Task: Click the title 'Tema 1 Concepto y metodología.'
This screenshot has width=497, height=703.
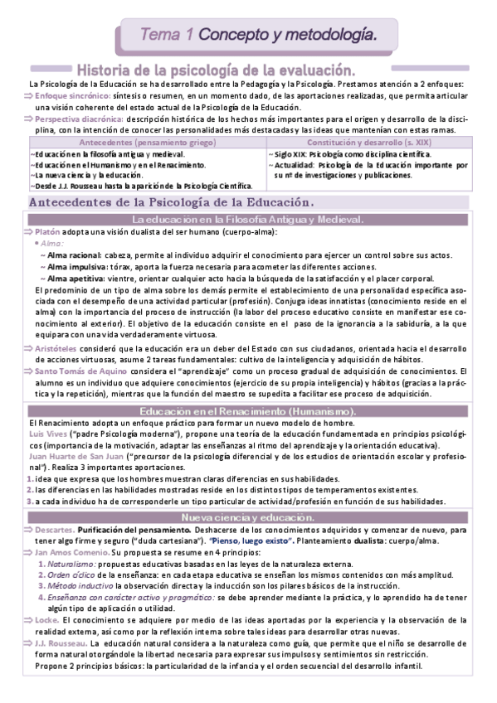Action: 253,34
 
